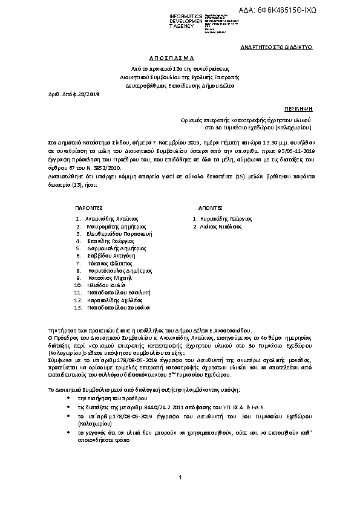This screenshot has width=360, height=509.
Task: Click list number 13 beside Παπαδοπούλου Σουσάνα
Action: click(77, 308)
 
